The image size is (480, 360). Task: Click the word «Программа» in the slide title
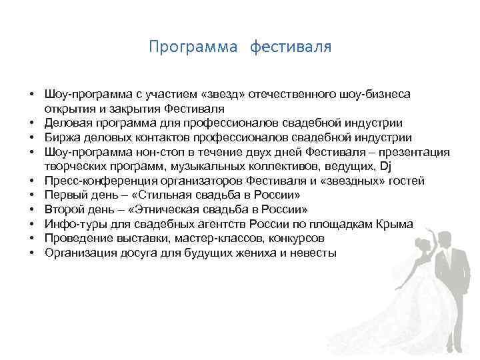[x=193, y=47]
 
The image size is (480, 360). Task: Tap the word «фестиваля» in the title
[x=291, y=47]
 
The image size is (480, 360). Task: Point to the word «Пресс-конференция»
[x=97, y=181]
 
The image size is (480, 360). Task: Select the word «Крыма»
[x=395, y=225]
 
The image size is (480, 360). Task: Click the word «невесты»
[x=313, y=253]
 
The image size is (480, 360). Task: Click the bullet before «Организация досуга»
[x=32, y=253]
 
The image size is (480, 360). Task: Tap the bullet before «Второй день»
[x=32, y=210]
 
